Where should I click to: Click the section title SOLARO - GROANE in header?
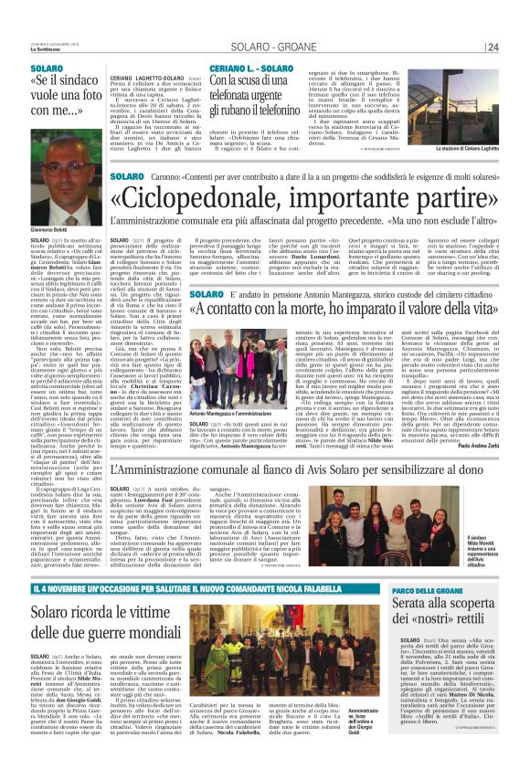click(432, 47)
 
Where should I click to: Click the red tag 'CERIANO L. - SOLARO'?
click(250, 68)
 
